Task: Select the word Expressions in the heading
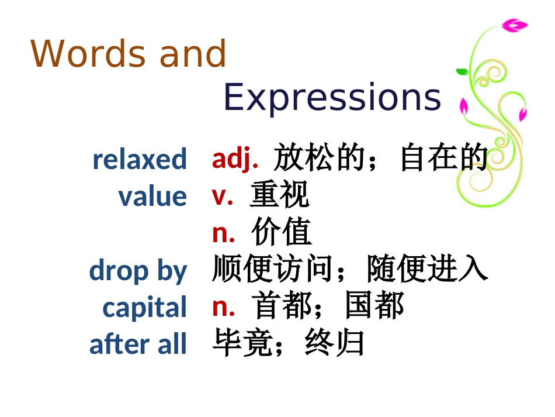(332, 97)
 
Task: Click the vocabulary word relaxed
(140, 159)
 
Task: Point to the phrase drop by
(138, 271)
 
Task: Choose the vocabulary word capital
(144, 308)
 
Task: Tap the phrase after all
(138, 344)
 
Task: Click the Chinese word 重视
(279, 195)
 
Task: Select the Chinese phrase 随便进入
(428, 270)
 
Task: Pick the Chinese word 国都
(374, 306)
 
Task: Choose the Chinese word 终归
(335, 344)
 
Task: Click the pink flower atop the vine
(514, 25)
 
